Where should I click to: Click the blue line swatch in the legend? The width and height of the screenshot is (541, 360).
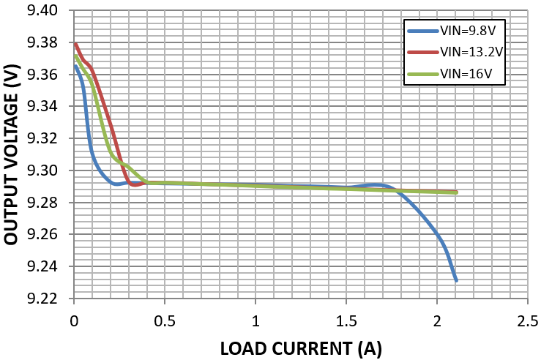[x=422, y=31]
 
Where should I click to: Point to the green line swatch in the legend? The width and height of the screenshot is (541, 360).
[x=422, y=73]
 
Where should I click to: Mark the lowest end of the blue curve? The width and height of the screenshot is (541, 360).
[x=456, y=281]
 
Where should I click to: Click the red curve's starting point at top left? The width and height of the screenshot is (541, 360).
[x=75, y=44]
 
